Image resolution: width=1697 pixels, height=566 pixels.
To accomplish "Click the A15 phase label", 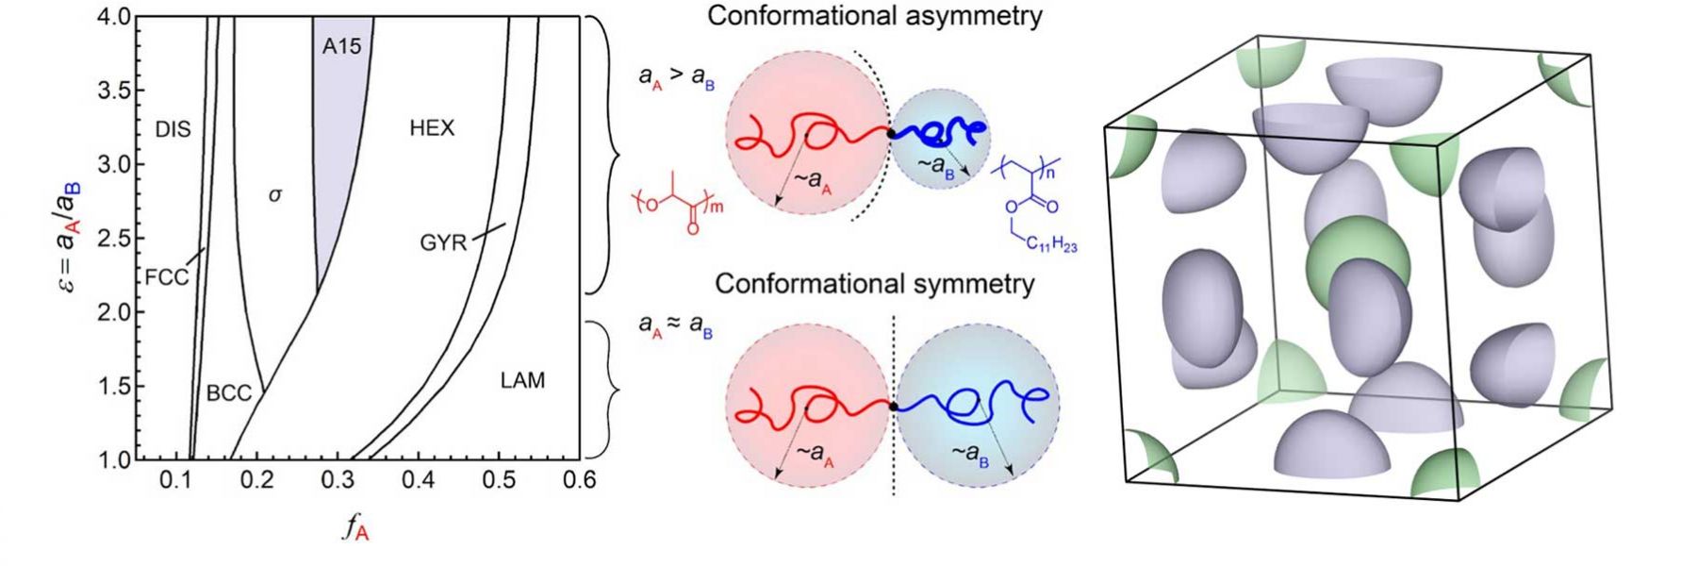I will [341, 46].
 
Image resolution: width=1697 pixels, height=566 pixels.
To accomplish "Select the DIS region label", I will [173, 129].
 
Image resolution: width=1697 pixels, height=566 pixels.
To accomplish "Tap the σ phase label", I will [274, 195].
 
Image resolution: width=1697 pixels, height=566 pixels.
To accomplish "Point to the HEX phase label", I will [432, 128].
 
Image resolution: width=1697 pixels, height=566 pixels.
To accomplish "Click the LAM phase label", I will [522, 380].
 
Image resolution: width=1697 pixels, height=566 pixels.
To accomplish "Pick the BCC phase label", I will [228, 392].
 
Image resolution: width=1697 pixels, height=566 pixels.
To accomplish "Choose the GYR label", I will [443, 243].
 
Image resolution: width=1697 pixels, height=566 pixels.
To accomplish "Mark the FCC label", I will [167, 277].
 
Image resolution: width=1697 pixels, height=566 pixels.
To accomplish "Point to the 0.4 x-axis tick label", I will [418, 480].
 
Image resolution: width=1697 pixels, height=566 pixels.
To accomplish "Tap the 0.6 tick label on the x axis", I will [579, 480].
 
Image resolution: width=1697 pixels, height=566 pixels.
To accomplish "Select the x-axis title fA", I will [354, 529].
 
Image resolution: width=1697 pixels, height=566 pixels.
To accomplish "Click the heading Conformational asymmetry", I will [874, 16].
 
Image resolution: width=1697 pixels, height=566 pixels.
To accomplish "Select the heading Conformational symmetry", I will [874, 284].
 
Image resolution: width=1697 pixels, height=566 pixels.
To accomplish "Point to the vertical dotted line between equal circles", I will [894, 406].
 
